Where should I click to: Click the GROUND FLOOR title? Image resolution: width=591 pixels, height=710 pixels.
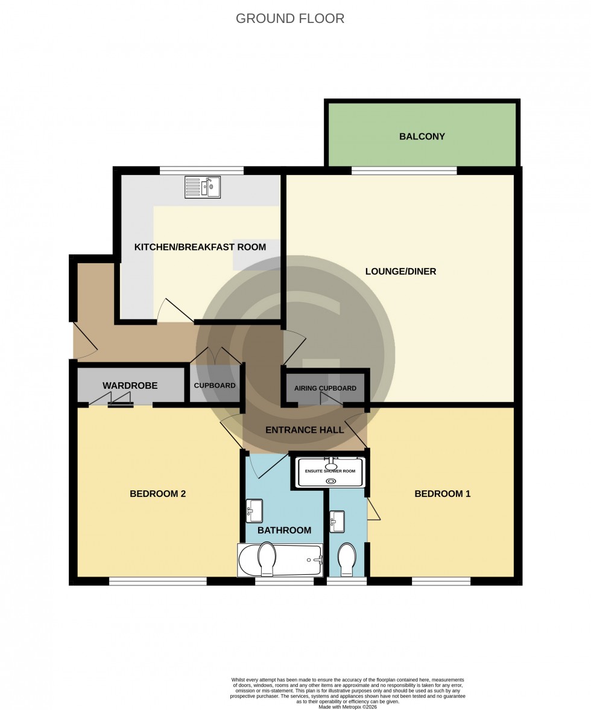pyautogui.click(x=290, y=19)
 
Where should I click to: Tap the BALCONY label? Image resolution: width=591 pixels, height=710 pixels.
pyautogui.click(x=422, y=136)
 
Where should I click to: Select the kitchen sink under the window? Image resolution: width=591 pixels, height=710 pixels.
pyautogui.click(x=203, y=187)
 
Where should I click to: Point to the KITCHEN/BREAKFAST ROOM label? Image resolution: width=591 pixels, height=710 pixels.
pyautogui.click(x=200, y=247)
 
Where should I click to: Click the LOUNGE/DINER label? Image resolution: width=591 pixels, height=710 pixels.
pyautogui.click(x=400, y=272)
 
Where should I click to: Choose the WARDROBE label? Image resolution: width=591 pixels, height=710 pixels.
pyautogui.click(x=130, y=385)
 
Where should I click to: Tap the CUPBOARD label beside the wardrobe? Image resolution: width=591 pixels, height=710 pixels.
pyautogui.click(x=215, y=386)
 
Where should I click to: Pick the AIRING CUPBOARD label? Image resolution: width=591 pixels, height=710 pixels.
pyautogui.click(x=325, y=388)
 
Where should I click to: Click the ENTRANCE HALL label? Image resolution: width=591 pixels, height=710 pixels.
pyautogui.click(x=305, y=430)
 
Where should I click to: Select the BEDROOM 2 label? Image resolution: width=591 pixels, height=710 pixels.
pyautogui.click(x=157, y=494)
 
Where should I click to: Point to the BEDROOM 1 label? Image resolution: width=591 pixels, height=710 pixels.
pyautogui.click(x=442, y=494)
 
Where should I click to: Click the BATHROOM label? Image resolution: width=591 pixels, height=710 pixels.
pyautogui.click(x=284, y=530)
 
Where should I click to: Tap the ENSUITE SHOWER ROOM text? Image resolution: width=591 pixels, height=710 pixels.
pyautogui.click(x=330, y=471)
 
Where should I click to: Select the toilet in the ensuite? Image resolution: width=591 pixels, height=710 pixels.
pyautogui.click(x=347, y=559)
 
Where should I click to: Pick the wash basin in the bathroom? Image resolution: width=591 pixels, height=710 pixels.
pyautogui.click(x=254, y=511)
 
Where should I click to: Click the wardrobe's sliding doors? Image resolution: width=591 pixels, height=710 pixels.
pyautogui.click(x=120, y=400)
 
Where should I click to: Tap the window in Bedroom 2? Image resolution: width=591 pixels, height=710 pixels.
pyautogui.click(x=157, y=581)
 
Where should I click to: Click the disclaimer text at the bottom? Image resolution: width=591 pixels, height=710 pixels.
pyautogui.click(x=349, y=690)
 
